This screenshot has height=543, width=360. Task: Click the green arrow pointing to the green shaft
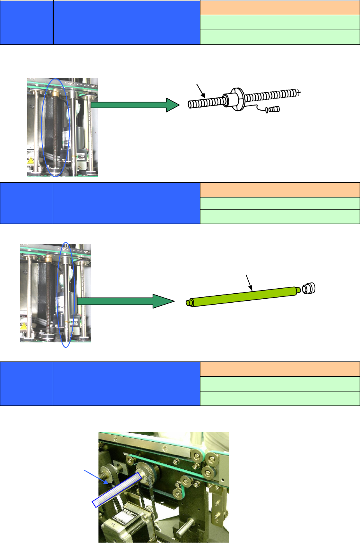125,301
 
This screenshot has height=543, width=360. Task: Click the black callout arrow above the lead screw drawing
201,90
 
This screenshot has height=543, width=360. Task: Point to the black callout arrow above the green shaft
249,283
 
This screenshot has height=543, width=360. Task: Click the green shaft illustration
243,296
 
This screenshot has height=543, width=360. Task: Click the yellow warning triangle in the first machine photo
31,160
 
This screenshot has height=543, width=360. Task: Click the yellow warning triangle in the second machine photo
24,326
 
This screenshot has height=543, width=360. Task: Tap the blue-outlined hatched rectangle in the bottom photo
116,490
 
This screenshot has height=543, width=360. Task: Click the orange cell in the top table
280,8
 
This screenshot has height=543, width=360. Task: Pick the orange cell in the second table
280,190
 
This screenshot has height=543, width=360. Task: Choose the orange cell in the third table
280,369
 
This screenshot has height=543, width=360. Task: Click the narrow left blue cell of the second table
26,203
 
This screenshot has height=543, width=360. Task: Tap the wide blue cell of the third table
126,384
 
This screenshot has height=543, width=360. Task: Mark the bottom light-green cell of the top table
280,37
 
